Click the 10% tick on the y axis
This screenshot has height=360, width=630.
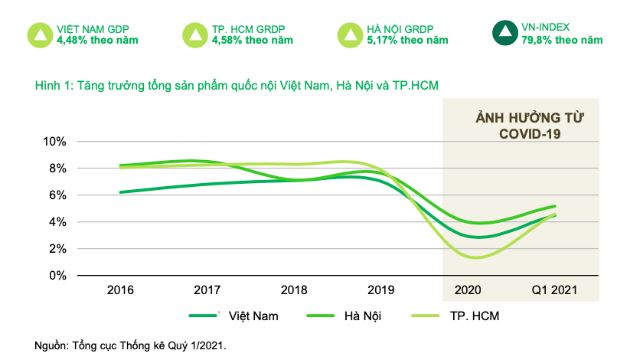[x=54, y=142]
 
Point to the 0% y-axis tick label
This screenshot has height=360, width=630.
[x=57, y=275]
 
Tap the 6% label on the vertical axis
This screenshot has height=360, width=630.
[x=57, y=195]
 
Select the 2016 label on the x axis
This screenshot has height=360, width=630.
[x=120, y=291]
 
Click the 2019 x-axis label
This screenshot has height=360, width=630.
[x=381, y=291]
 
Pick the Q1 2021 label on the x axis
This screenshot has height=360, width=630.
[x=554, y=291]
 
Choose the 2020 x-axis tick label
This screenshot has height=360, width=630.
[x=468, y=291]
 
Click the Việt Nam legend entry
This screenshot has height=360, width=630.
[x=252, y=316]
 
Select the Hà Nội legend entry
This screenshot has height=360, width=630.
[x=362, y=316]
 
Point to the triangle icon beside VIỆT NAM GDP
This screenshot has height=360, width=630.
[x=40, y=34]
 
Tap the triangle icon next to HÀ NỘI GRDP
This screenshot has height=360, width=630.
[x=349, y=34]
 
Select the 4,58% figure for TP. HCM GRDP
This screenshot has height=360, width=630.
[x=227, y=40]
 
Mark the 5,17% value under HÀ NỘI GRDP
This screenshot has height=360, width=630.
[x=382, y=40]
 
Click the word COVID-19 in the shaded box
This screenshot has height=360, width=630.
[x=527, y=133]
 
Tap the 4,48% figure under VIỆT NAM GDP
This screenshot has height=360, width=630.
[x=72, y=40]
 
